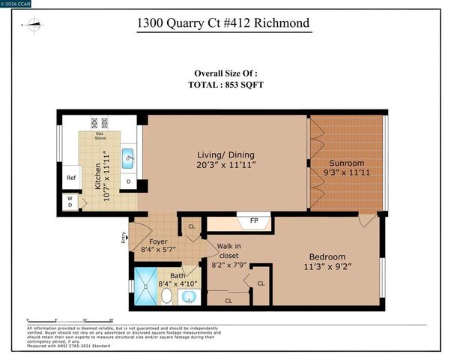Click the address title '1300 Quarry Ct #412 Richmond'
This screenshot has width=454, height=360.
tap(223, 24)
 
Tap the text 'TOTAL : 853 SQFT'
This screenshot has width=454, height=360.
tap(226, 85)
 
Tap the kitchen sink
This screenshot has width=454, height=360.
tap(128, 157)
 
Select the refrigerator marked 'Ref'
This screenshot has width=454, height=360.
tap(71, 178)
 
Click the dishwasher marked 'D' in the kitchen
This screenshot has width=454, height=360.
tap(128, 181)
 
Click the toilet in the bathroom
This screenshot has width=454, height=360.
tap(166, 296)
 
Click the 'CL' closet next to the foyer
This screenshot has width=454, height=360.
tap(192, 226)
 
